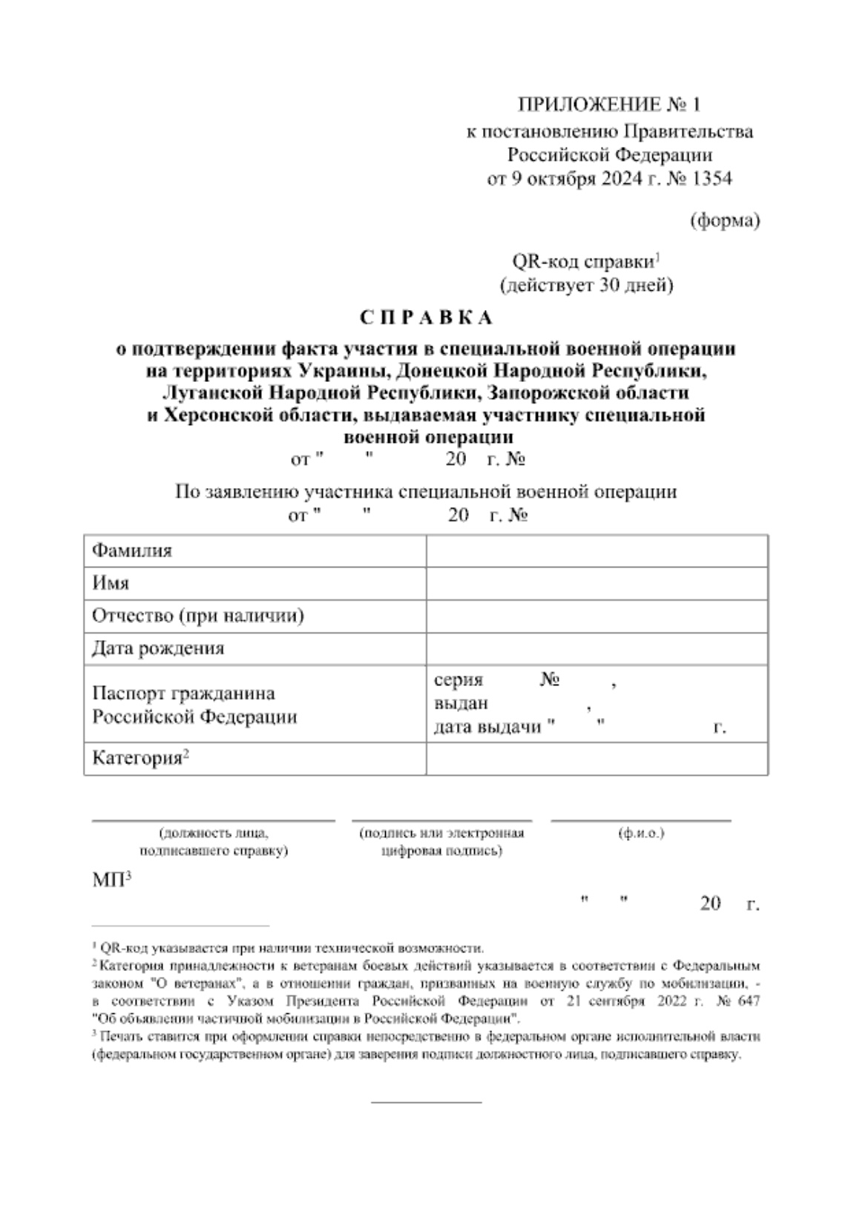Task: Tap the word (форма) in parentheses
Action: click(725, 220)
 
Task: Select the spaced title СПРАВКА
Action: click(426, 317)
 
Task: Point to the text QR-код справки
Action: click(582, 262)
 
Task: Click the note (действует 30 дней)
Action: click(586, 285)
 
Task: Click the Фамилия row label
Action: click(132, 550)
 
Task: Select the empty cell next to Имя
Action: click(596, 583)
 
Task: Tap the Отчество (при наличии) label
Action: click(197, 616)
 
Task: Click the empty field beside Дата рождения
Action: click(596, 648)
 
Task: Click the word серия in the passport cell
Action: click(458, 679)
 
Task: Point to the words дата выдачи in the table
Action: click(487, 727)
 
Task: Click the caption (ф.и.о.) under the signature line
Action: click(641, 833)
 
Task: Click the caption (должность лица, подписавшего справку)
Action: click(214, 842)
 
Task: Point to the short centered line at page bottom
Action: click(426, 1101)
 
